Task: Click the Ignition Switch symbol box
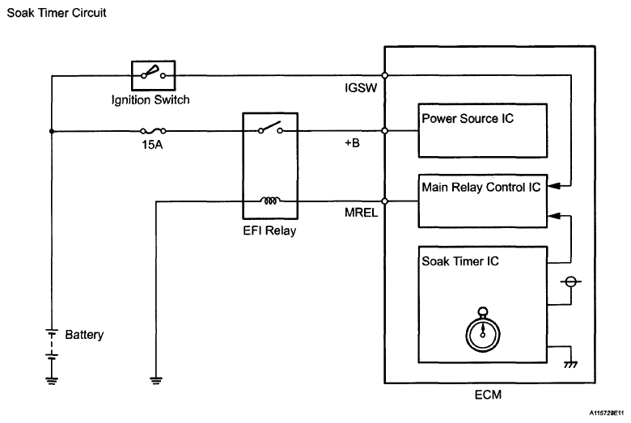(154, 75)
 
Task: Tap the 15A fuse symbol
(153, 130)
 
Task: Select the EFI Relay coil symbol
(270, 201)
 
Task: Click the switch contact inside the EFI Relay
(270, 128)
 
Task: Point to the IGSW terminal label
(361, 87)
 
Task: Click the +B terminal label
(352, 143)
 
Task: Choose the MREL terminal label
(361, 213)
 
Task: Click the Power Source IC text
(468, 118)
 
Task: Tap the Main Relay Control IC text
(481, 187)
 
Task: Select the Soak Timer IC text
(460, 261)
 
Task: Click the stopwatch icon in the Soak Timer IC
(482, 330)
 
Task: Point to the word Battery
(84, 335)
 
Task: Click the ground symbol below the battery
(52, 381)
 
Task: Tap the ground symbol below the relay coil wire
(156, 381)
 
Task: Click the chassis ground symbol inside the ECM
(570, 364)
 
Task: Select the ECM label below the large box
(488, 395)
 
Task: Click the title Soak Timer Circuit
(57, 13)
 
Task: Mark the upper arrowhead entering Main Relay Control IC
(553, 186)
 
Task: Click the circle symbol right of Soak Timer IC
(570, 281)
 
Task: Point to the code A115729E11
(607, 413)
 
